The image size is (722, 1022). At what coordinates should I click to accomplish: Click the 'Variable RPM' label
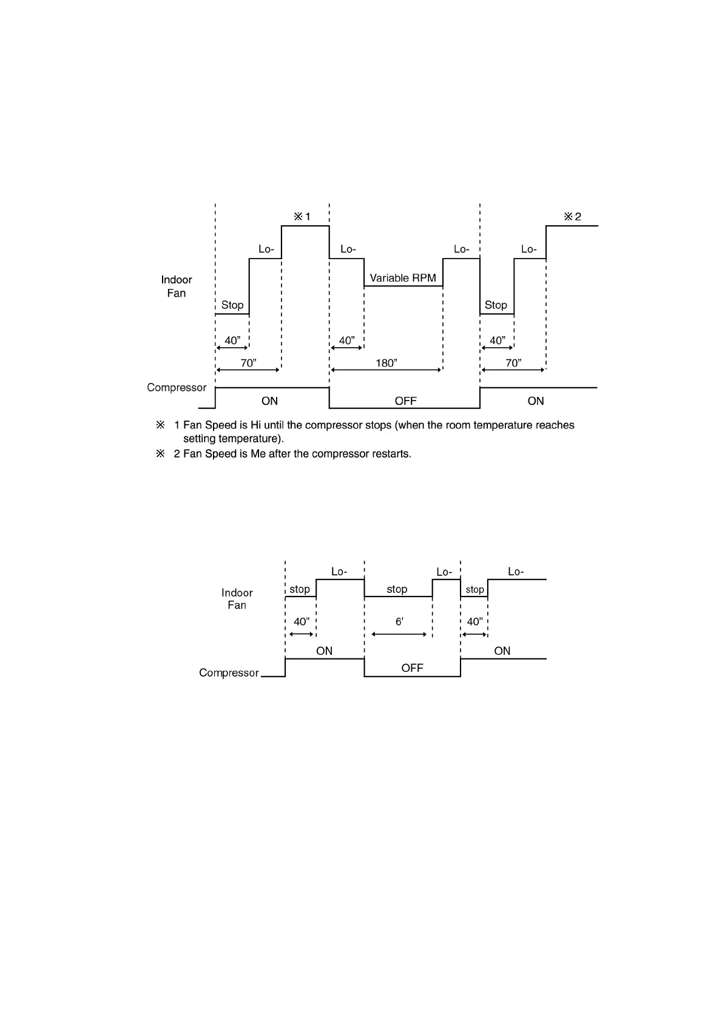click(403, 278)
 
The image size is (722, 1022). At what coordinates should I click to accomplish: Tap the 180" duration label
click(386, 363)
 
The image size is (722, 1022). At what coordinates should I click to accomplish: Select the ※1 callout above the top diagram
click(302, 217)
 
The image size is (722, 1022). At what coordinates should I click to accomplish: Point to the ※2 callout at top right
click(572, 217)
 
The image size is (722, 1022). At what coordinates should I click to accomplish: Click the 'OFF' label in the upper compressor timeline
click(405, 401)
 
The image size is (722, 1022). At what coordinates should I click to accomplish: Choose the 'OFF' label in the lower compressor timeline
click(412, 668)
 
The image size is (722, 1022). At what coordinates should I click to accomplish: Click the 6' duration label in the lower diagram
click(399, 622)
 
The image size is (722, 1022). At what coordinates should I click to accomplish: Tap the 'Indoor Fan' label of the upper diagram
click(177, 286)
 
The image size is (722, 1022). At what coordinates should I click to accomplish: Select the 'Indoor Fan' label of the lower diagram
click(237, 599)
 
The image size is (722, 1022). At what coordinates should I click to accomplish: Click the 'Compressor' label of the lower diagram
click(229, 673)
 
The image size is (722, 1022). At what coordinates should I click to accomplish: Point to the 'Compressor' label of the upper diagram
click(177, 388)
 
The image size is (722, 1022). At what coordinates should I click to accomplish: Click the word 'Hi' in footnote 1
click(255, 425)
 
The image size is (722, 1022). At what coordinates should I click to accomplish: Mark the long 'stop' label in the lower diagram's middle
click(397, 589)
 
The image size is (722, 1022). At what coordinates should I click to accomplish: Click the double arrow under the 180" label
click(386, 370)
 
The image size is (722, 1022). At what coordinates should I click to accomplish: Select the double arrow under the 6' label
click(399, 634)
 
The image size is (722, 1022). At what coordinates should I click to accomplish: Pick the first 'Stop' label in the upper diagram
click(232, 305)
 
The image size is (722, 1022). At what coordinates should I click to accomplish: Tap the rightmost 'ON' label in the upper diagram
click(536, 401)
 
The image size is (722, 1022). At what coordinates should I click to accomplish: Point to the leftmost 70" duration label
click(249, 363)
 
